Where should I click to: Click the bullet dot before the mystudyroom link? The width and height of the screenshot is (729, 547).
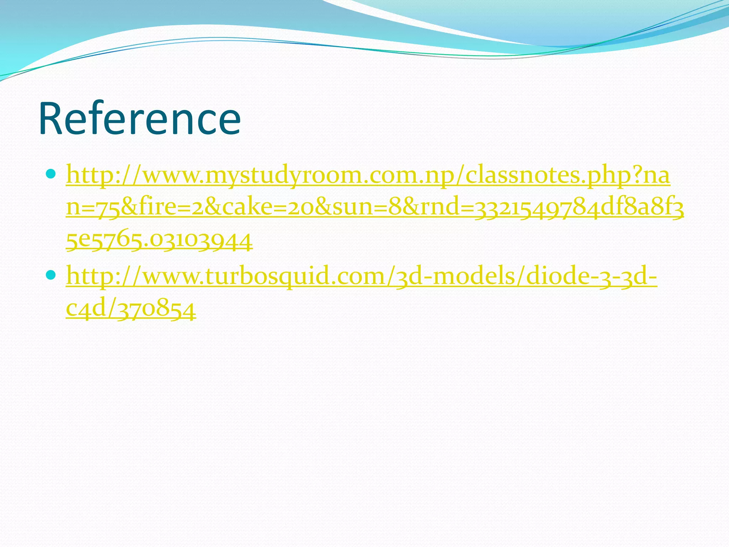coord(51,174)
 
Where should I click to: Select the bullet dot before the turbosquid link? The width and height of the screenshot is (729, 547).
coord(51,275)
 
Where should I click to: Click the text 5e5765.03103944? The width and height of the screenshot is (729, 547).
coord(159,240)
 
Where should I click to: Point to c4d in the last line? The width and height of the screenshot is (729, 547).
coord(87,309)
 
